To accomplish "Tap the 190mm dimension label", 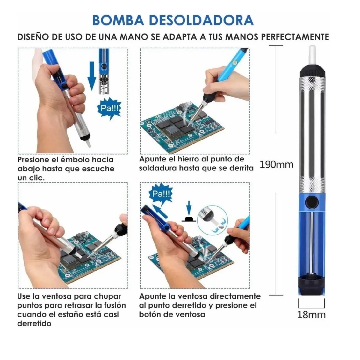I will coord(276,164).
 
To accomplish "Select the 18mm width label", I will coord(311,315).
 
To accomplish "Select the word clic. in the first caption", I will coord(36,178).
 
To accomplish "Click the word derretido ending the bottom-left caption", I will coord(34,323).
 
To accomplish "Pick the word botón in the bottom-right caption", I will coord(149,314).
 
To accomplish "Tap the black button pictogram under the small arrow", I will coord(189,219).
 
